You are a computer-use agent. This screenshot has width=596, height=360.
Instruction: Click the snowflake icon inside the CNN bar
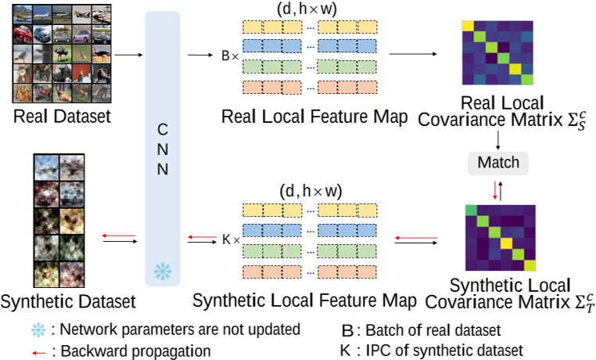click(163, 270)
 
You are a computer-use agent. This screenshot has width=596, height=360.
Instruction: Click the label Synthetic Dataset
click(69, 300)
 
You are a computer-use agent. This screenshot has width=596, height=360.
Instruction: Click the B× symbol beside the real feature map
click(231, 56)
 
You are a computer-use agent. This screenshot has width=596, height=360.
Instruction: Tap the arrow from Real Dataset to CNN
click(125, 56)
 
